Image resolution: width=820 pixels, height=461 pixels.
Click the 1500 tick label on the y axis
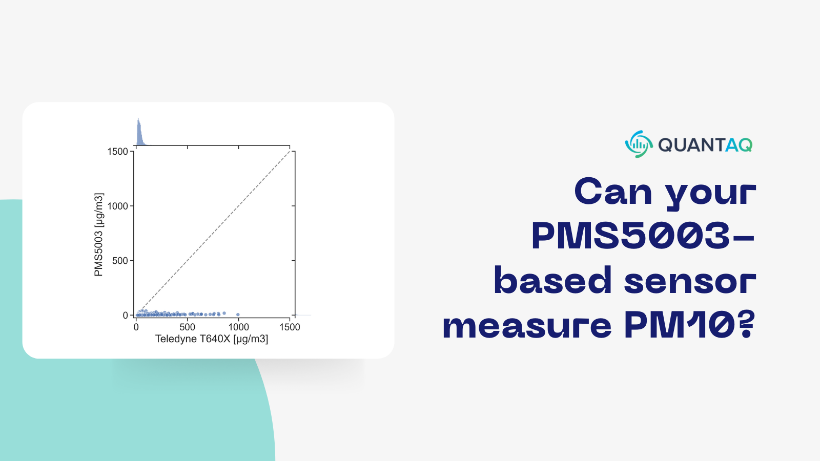[x=117, y=152]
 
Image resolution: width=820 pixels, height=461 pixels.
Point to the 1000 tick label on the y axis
[x=117, y=206]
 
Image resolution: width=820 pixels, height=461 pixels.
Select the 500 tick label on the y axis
[x=120, y=261]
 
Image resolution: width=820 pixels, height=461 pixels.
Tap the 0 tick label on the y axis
[x=125, y=316]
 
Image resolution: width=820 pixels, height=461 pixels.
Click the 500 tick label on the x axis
[x=187, y=327]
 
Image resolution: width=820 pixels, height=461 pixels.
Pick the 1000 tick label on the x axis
[x=238, y=327]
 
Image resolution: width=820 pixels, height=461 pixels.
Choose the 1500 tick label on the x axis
[x=290, y=327]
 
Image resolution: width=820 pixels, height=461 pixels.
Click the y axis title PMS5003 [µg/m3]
[x=99, y=235]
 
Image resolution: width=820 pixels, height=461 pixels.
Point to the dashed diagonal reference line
[x=215, y=230]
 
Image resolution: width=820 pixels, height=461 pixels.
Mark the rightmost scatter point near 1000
[x=238, y=315]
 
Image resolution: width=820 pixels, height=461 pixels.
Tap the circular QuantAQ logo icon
[x=639, y=144]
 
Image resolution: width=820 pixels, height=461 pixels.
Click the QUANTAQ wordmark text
[x=705, y=145]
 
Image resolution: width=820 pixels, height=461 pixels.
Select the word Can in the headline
[x=613, y=192]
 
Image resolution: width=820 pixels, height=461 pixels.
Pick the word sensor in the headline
[x=690, y=281]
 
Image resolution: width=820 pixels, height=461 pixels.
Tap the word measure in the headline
[x=527, y=326]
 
